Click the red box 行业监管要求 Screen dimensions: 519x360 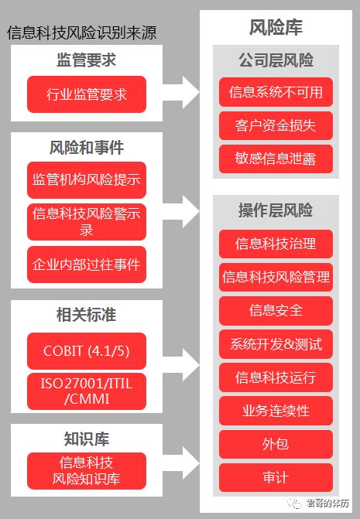coord(86,95)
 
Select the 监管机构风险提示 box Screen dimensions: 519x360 coord(86,179)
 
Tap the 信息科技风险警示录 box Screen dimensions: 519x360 coord(86,222)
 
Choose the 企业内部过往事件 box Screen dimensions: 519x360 coord(86,265)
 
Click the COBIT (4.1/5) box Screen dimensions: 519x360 coord(86,350)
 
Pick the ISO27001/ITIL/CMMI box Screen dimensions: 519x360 coord(86,391)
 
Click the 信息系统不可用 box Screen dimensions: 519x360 coord(276,93)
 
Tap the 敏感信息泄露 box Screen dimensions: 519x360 coord(276,159)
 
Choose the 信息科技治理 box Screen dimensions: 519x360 coord(276,244)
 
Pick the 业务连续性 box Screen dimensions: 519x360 coord(276,410)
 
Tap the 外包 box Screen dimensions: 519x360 coord(276,443)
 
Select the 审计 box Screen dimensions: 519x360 coord(276,476)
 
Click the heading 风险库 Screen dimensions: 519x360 coord(276,28)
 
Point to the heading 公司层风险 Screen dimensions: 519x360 coord(276,60)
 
